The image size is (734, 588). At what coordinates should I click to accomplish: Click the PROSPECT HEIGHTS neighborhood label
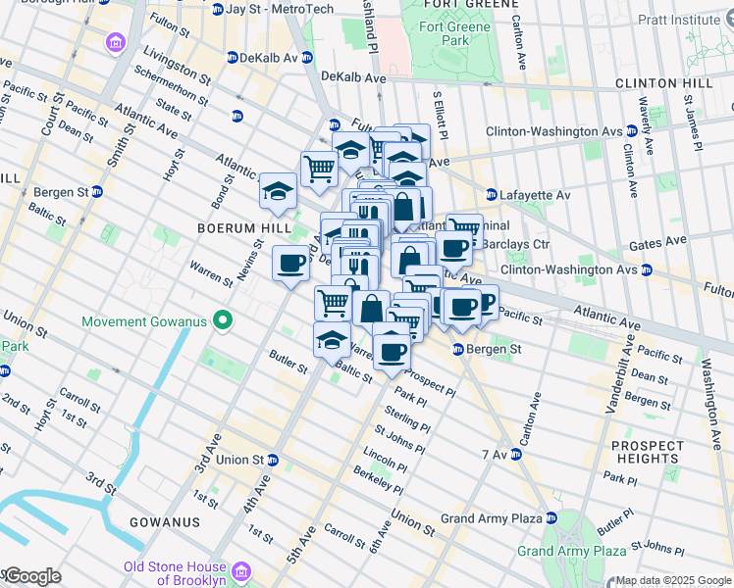[648, 452]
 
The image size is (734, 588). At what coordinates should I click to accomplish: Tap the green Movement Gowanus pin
[223, 320]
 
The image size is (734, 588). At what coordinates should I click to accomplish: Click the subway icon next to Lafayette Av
[491, 195]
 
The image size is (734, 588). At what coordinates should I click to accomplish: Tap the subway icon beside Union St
[272, 460]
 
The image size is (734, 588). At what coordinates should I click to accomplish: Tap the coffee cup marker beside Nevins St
[290, 264]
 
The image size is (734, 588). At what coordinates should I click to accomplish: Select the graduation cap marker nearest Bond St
[278, 190]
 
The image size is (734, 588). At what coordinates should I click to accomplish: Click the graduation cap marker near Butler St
[332, 340]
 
